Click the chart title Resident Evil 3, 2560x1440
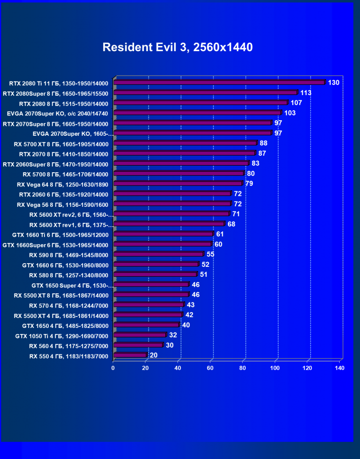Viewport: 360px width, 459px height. (178, 47)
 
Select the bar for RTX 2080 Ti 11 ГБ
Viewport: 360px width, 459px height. (219, 82)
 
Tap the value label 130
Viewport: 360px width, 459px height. (333, 83)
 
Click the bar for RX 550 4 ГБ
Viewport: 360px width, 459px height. (130, 355)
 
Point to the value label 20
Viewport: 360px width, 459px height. (153, 355)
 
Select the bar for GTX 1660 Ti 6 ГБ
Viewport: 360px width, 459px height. (163, 234)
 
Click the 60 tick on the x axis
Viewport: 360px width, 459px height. (210, 368)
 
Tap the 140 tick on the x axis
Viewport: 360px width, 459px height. (339, 368)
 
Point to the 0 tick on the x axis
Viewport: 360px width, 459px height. (113, 368)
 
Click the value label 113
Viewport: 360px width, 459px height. (306, 93)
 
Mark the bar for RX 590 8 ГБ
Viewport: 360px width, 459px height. (159, 254)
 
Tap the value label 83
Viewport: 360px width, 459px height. (255, 163)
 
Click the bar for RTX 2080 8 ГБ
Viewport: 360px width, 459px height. (200, 103)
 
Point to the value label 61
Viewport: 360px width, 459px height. (220, 234)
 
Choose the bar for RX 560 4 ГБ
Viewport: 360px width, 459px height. (138, 345)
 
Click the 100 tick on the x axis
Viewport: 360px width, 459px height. (275, 368)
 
